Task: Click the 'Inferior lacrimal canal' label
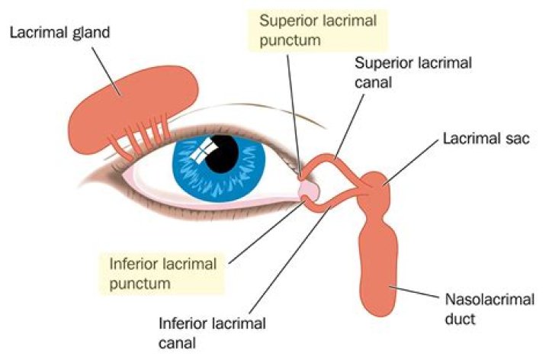[x=213, y=333]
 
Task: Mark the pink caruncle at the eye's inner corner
[x=309, y=189]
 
